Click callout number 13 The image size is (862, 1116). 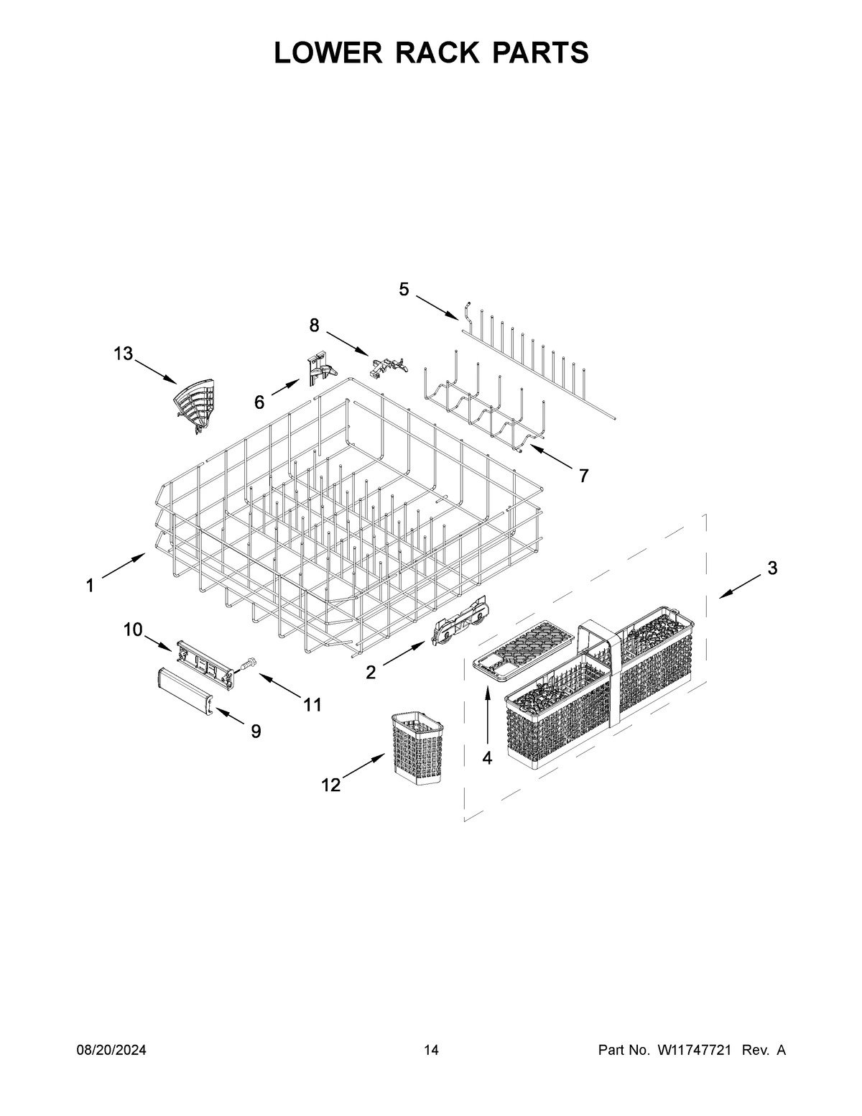pyautogui.click(x=124, y=354)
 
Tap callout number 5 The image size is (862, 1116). pyautogui.click(x=404, y=290)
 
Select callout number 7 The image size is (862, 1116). pyautogui.click(x=583, y=475)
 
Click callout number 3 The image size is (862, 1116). pyautogui.click(x=772, y=568)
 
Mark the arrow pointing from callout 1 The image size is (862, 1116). pyautogui.click(x=125, y=567)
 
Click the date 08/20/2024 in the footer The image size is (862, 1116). pyautogui.click(x=111, y=1051)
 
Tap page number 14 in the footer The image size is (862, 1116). pyautogui.click(x=431, y=1051)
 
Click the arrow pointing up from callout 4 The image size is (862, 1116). pyautogui.click(x=488, y=715)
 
